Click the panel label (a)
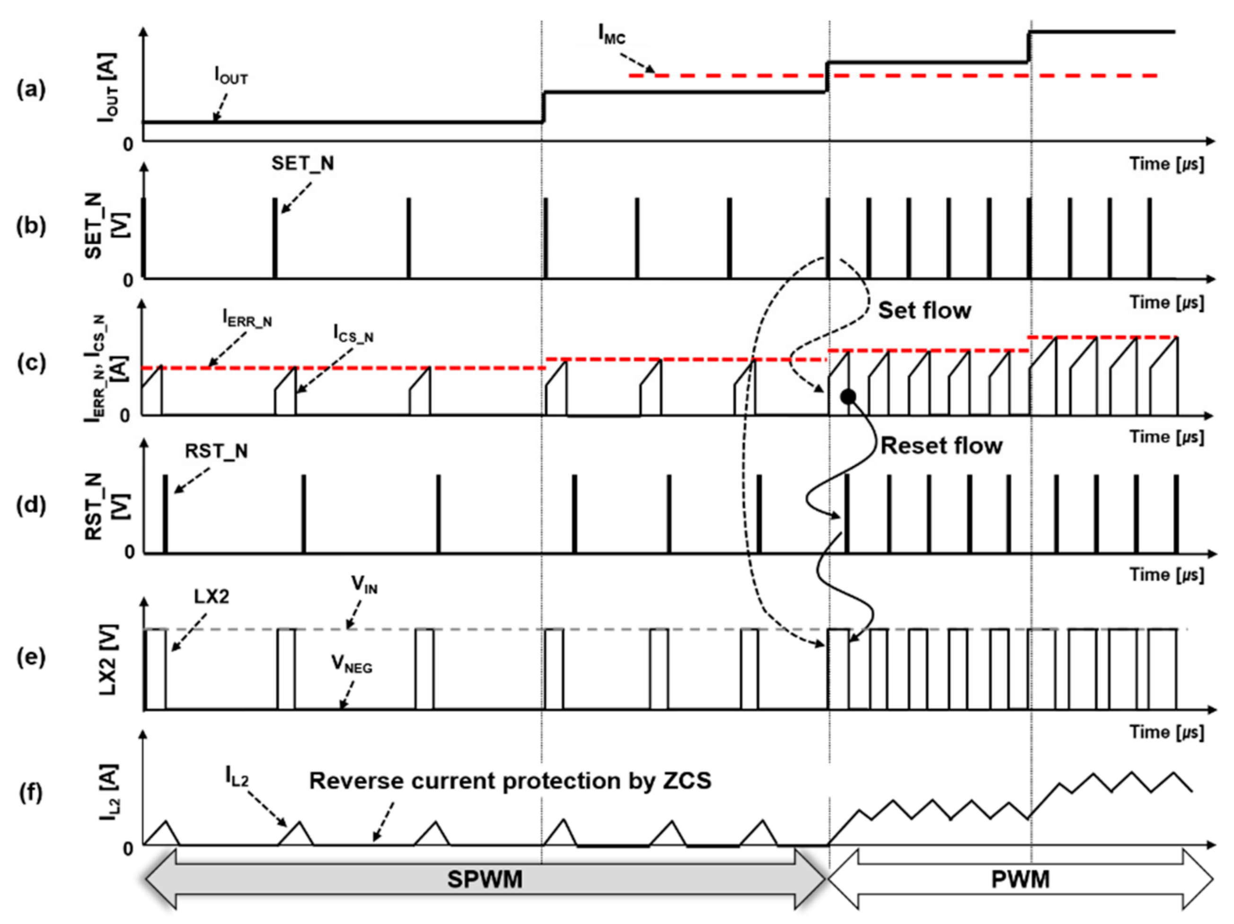pos(31,89)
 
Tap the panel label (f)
pos(31,792)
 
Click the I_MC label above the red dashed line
pos(612,35)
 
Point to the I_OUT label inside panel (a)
pos(231,75)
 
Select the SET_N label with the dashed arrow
pos(302,163)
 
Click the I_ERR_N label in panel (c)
pos(247,318)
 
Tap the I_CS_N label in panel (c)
pos(353,334)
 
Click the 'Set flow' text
pos(925,311)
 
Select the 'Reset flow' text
pos(941,446)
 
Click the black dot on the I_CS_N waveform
pos(848,397)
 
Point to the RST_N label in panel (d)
pos(216,451)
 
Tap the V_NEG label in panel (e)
pos(352,664)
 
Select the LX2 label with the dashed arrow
pos(211,596)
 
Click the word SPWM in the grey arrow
pos(485,880)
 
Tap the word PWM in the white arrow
pos(1020,880)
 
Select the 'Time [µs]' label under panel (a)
pos(1166,164)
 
